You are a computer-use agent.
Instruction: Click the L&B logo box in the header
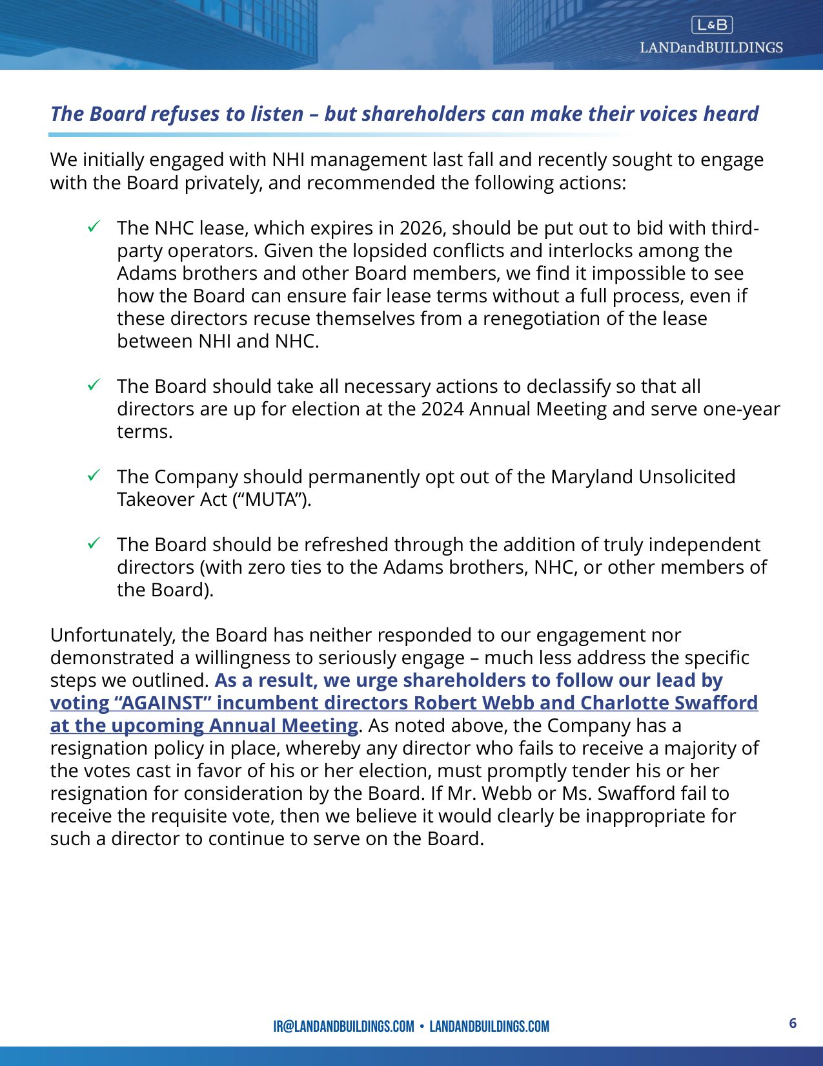tap(711, 25)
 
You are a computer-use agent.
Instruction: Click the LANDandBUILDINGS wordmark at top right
tap(711, 47)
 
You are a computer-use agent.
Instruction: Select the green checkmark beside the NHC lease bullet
tap(94, 227)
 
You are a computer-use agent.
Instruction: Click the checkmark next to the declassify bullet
tap(94, 385)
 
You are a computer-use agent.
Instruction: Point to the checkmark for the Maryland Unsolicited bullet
tap(94, 476)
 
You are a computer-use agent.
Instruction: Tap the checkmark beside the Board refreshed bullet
tap(94, 543)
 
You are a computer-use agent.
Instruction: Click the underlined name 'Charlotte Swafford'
tap(669, 703)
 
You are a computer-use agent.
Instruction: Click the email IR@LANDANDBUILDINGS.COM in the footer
tap(343, 1026)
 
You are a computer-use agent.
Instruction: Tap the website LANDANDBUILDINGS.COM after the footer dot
tap(489, 1026)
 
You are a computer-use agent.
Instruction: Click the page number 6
tap(793, 1023)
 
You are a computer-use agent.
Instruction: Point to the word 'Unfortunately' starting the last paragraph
tap(113, 635)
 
